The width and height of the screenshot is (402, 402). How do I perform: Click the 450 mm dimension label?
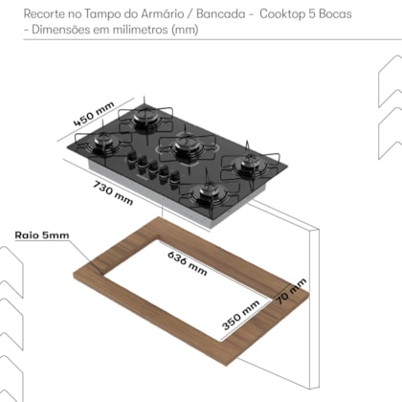click(94, 114)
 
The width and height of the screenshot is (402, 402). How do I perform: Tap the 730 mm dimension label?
click(113, 192)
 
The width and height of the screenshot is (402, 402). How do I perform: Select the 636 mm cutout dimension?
click(188, 263)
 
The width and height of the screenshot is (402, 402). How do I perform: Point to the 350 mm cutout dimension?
click(240, 315)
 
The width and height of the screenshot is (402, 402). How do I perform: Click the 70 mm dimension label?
click(291, 291)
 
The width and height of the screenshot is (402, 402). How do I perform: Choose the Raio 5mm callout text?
click(42, 235)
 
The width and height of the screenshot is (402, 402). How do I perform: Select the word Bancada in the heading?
click(221, 13)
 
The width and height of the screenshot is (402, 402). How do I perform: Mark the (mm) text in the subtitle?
click(185, 30)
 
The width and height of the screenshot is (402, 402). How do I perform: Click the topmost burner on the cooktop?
click(145, 118)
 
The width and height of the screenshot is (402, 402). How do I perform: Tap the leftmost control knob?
click(131, 158)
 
